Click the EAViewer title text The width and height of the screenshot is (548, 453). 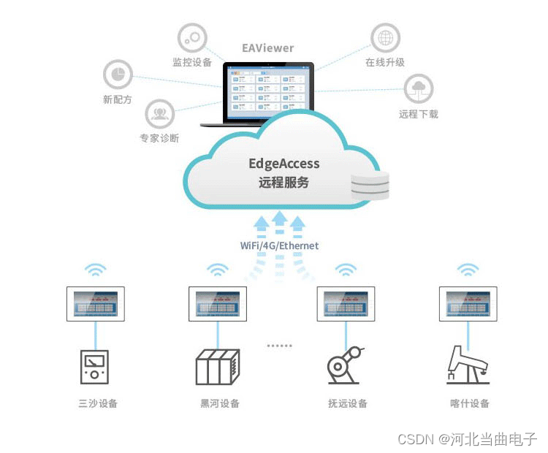[268, 48]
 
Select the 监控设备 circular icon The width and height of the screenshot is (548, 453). [192, 38]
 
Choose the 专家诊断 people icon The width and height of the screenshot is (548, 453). [159, 114]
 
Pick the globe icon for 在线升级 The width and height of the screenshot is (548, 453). [385, 38]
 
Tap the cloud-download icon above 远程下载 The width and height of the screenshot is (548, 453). [419, 88]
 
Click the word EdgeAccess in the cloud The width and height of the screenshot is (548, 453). [284, 164]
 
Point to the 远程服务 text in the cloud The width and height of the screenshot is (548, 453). [284, 183]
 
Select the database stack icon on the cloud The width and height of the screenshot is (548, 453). [370, 186]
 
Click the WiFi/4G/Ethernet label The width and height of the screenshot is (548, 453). [280, 245]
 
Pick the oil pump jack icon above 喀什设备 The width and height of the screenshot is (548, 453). [468, 365]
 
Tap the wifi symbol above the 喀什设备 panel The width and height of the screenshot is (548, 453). [468, 271]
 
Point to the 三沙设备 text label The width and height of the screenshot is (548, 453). [97, 403]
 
